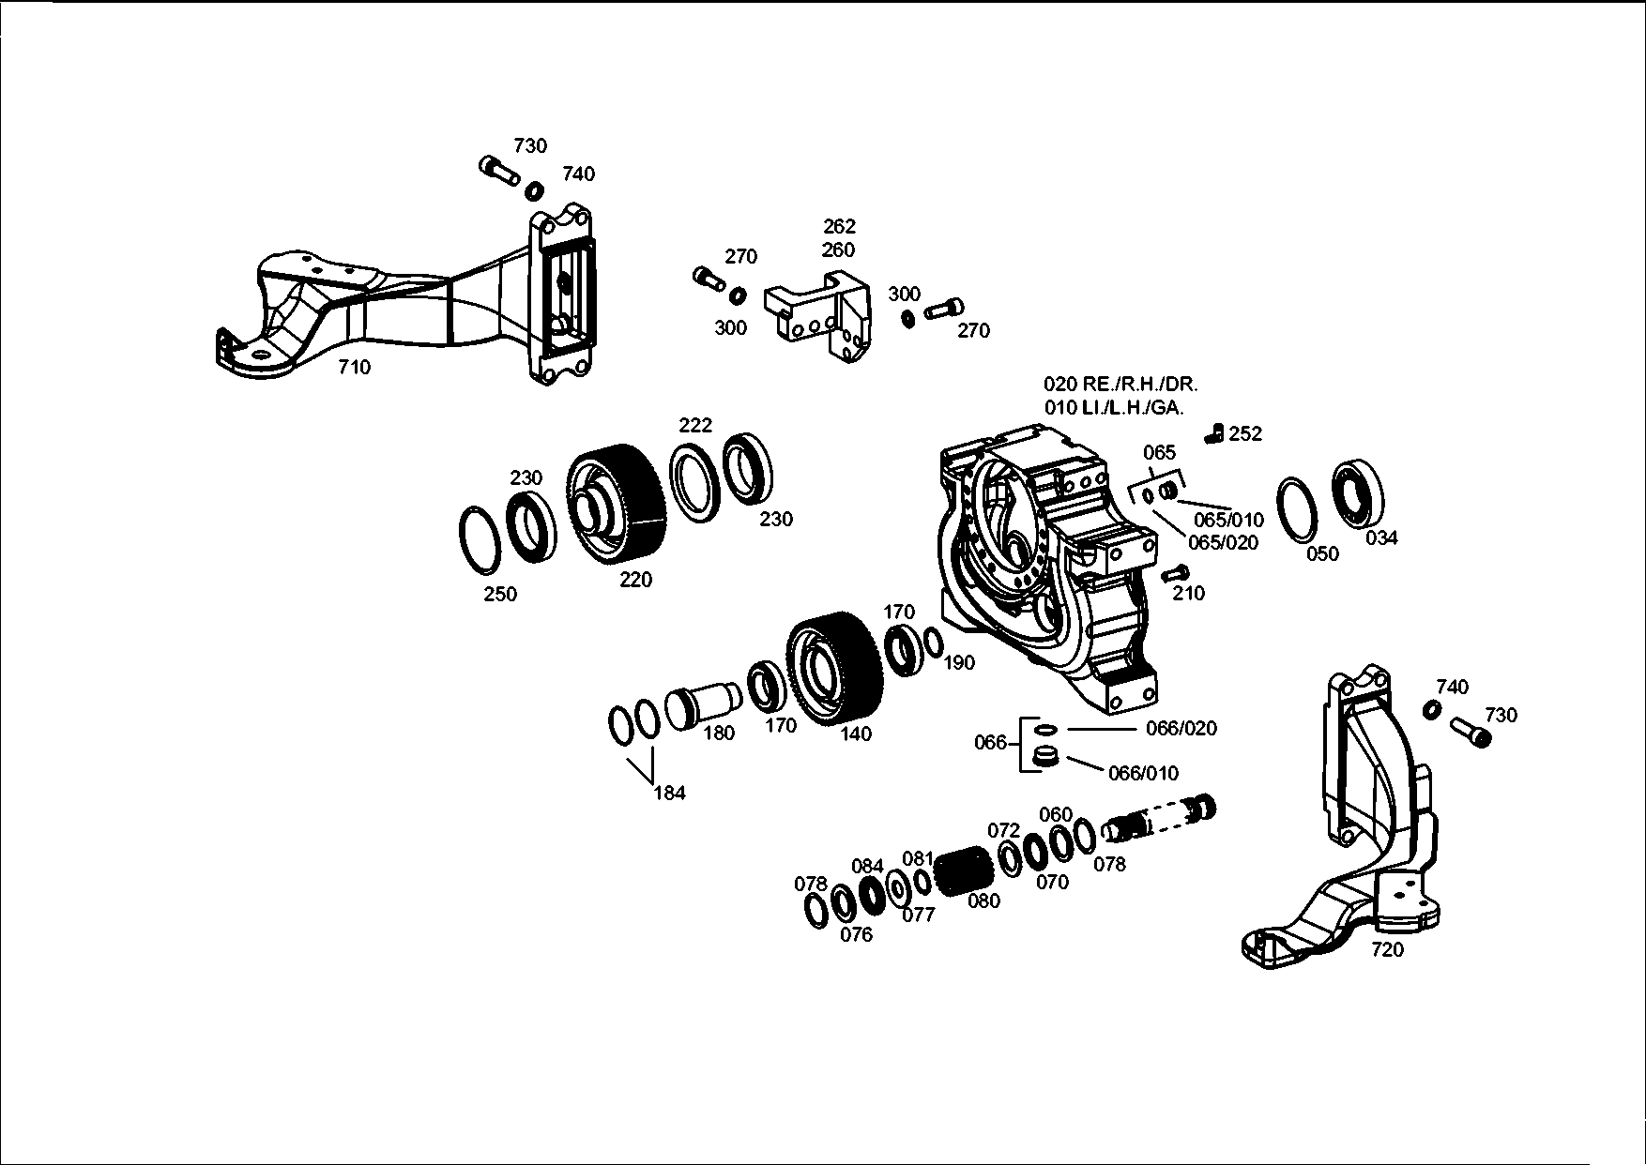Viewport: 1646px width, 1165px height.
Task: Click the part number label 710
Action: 354,368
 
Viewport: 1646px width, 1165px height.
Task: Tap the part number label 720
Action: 1387,949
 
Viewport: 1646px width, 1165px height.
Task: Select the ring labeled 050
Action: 1300,510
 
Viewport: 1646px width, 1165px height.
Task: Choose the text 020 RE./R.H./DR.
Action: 1120,384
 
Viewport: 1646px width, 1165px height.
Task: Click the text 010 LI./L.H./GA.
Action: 1114,408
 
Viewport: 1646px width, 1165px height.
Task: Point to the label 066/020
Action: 1181,729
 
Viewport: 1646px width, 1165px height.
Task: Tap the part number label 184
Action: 669,793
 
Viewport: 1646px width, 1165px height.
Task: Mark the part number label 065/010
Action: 1228,520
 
